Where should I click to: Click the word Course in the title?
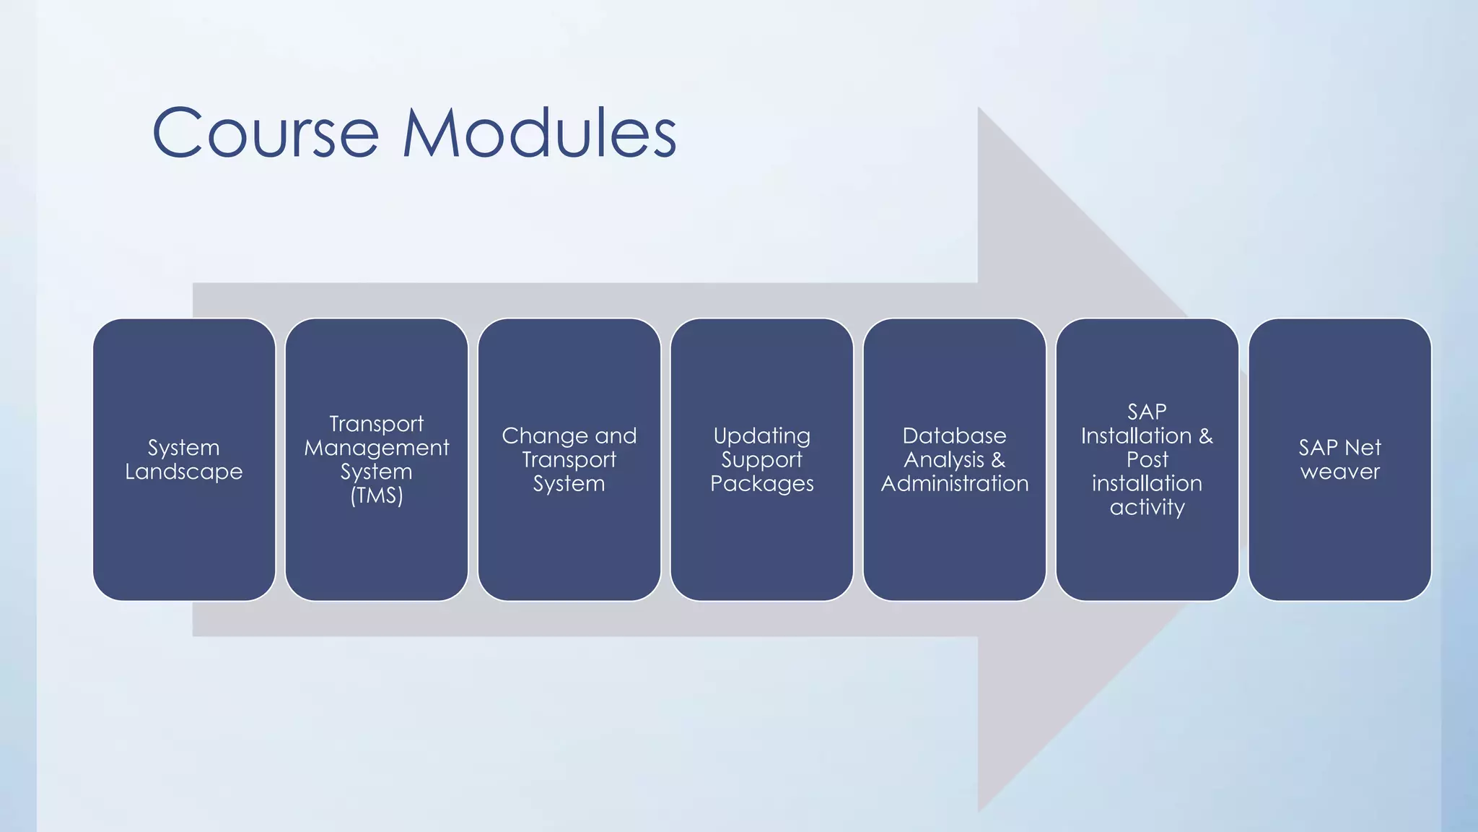(x=265, y=134)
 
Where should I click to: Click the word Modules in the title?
(x=539, y=134)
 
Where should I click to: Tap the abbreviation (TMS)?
(x=376, y=496)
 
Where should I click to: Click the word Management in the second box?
(x=376, y=448)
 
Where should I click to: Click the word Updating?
(x=761, y=435)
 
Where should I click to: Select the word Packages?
(x=761, y=484)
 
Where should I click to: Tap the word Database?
(x=954, y=435)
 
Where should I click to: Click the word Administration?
(x=954, y=483)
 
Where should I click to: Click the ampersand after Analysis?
(x=998, y=459)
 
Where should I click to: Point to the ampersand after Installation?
(x=1206, y=435)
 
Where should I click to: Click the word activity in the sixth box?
(x=1147, y=508)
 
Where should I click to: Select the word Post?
(x=1147, y=459)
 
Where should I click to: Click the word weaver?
(x=1339, y=472)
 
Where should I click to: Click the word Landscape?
(x=184, y=472)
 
